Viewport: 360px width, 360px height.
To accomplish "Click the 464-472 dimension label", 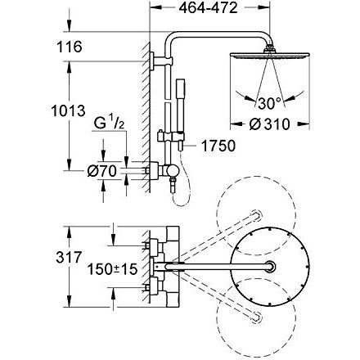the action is [x=209, y=8].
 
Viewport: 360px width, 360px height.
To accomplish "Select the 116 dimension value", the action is [x=69, y=47].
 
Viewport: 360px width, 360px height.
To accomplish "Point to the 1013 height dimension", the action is [x=69, y=110].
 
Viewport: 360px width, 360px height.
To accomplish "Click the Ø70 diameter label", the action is [x=102, y=171].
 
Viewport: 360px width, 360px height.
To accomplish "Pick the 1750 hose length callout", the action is [x=218, y=146].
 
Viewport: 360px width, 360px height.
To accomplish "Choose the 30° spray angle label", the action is [x=269, y=103].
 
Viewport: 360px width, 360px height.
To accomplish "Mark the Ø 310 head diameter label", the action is [x=269, y=124].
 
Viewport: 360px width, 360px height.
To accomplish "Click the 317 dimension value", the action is [x=69, y=257].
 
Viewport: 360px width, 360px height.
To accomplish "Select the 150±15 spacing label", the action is [x=112, y=269].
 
